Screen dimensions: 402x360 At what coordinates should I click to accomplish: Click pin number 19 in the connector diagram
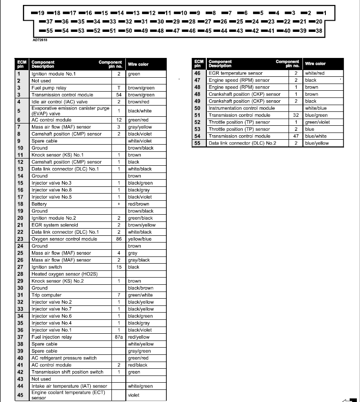tap(40, 13)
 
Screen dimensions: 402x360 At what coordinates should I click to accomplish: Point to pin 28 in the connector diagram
tap(191, 22)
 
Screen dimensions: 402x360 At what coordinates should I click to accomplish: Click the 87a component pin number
tap(119, 337)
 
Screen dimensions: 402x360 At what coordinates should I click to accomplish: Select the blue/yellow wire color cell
tap(317, 143)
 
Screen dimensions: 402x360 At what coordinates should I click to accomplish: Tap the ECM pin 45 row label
tap(20, 395)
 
